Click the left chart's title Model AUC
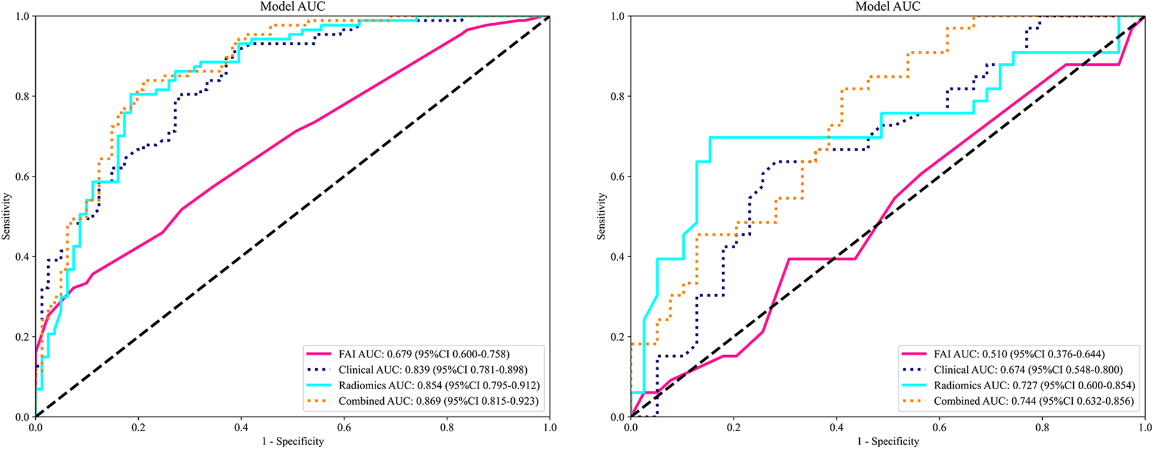292,7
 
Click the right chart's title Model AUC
888,7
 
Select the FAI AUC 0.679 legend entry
424,354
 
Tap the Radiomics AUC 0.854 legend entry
439,386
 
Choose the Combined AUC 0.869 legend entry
438,401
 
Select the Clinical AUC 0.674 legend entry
1028,369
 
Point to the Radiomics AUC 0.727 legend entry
1034,386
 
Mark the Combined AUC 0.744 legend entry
1034,401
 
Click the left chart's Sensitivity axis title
7,216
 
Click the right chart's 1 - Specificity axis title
888,442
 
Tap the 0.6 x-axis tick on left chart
344,427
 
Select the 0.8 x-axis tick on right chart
1042,427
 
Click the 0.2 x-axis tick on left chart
138,427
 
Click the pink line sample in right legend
913,354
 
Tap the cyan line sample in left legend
317,386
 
